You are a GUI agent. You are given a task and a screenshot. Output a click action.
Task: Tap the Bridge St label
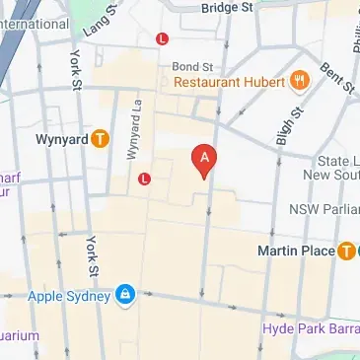(x=227, y=7)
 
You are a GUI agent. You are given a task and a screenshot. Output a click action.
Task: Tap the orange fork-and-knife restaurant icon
(x=301, y=77)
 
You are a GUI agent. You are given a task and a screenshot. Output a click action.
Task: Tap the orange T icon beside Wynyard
(x=100, y=138)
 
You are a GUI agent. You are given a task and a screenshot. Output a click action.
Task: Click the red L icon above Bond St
(x=162, y=38)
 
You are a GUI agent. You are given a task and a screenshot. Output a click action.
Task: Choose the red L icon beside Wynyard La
(x=145, y=180)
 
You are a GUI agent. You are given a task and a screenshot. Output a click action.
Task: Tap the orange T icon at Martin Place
(x=345, y=252)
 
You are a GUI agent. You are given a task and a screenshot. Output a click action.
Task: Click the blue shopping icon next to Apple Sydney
(x=125, y=294)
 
